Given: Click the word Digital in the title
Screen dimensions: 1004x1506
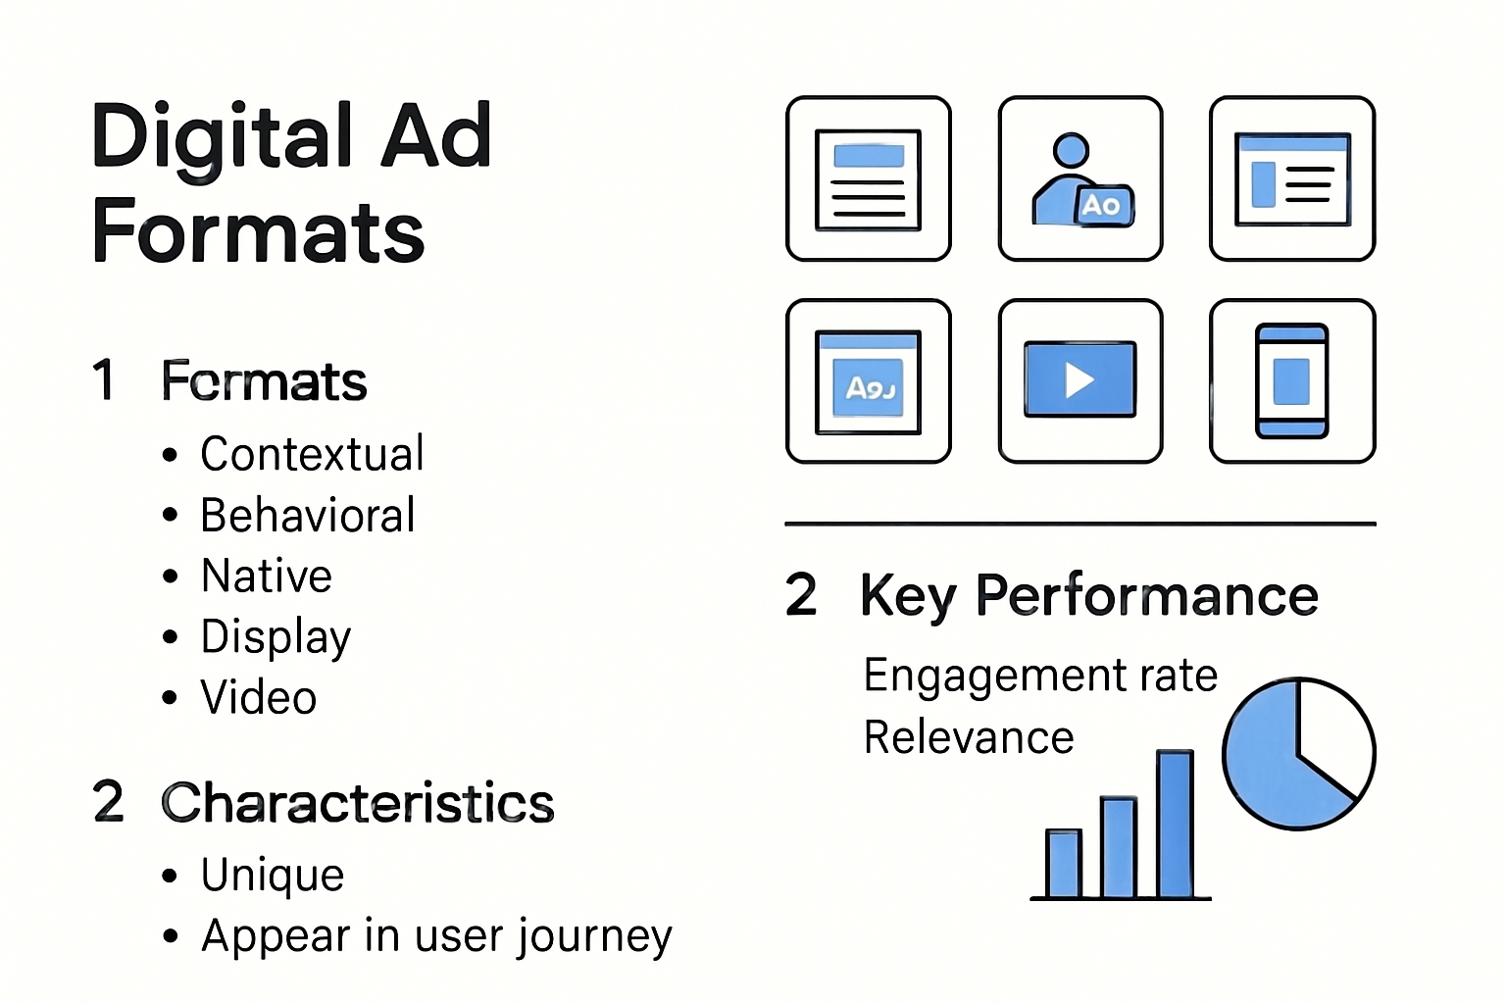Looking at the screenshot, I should pyautogui.click(x=222, y=137).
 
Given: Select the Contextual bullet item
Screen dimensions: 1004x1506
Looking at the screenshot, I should pyautogui.click(x=312, y=454).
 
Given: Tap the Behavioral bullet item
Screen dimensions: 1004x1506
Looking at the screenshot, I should pyautogui.click(x=308, y=516).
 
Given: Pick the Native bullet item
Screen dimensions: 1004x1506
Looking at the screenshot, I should pyautogui.click(x=267, y=577).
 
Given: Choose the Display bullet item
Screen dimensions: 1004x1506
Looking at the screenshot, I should pyautogui.click(x=276, y=637).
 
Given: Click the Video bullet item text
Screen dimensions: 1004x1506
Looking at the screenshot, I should pyautogui.click(x=259, y=698).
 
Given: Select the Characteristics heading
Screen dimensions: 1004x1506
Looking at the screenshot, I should pyautogui.click(x=358, y=803).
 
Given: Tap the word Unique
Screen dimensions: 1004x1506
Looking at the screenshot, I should pyautogui.click(x=273, y=876).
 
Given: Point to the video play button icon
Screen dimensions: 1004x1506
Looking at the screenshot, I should pyautogui.click(x=1079, y=380).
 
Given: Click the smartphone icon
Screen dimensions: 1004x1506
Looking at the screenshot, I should pyautogui.click(x=1291, y=380).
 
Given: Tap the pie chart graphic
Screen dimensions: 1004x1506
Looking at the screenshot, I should pyautogui.click(x=1297, y=754).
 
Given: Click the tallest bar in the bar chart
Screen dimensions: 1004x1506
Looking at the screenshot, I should pyautogui.click(x=1175, y=824).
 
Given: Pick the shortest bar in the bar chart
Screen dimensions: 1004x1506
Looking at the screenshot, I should pyautogui.click(x=1064, y=864).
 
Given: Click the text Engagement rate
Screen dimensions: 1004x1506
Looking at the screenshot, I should pyautogui.click(x=1040, y=676).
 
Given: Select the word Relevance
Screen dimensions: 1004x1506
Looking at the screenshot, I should pyautogui.click(x=969, y=737).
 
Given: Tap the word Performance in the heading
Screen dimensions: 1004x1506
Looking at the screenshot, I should pyautogui.click(x=1147, y=596).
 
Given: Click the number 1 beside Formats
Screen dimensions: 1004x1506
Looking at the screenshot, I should pyautogui.click(x=104, y=380).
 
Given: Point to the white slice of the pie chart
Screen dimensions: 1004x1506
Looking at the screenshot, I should pyautogui.click(x=1334, y=735).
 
